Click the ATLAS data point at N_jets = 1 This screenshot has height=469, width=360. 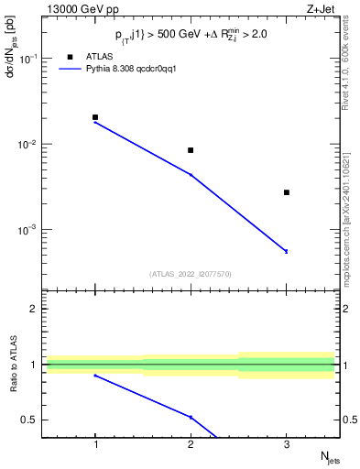click(95, 117)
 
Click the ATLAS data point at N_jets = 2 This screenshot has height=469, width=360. click(191, 150)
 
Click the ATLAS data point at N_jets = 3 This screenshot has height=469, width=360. click(287, 192)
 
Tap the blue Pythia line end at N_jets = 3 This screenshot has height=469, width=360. click(287, 251)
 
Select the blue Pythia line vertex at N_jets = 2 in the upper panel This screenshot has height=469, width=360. click(191, 174)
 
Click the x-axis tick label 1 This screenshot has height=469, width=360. click(95, 444)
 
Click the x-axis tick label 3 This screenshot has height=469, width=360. click(287, 444)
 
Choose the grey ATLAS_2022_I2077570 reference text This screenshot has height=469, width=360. click(191, 273)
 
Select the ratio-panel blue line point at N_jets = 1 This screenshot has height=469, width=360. click(95, 376)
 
